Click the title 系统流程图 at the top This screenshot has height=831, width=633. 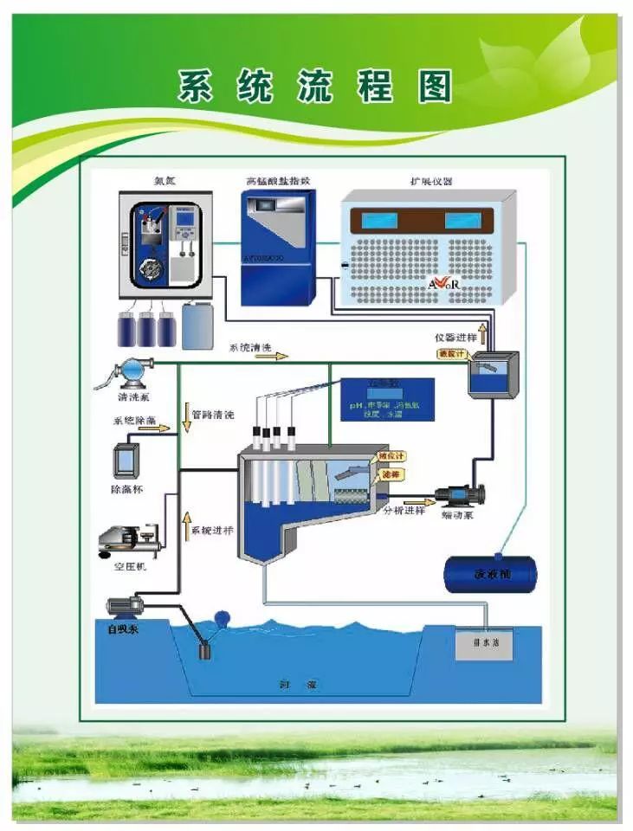click(x=315, y=87)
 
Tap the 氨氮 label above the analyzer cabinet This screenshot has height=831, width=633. click(x=164, y=181)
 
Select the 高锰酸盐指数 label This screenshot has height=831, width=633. click(x=277, y=181)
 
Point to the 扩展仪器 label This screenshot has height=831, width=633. click(x=430, y=181)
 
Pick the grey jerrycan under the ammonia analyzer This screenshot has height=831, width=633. click(x=196, y=325)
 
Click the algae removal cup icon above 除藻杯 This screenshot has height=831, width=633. click(x=126, y=459)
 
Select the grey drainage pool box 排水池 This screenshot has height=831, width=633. click(x=483, y=642)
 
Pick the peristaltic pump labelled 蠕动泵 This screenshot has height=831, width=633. click(x=458, y=495)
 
